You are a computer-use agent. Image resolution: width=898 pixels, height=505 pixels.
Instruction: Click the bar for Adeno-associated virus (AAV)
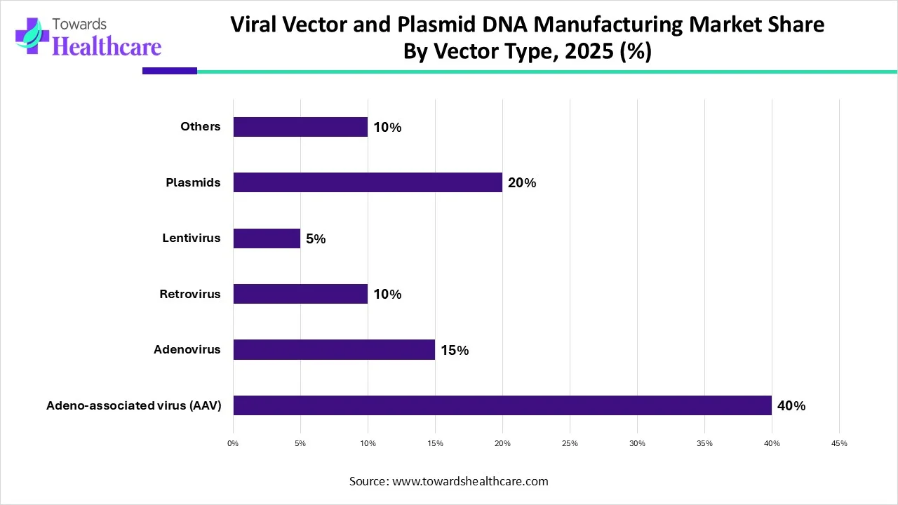coord(502,405)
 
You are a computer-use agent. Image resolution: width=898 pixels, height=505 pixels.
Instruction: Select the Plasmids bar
coord(368,182)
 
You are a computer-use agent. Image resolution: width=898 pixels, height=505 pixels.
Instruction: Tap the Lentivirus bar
coord(267,238)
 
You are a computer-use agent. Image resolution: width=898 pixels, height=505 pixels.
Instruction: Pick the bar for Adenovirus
coord(334,349)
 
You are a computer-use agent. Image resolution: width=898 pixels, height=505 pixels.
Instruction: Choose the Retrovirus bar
coord(300,294)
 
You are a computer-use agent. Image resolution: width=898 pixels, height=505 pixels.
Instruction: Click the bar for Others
coord(300,127)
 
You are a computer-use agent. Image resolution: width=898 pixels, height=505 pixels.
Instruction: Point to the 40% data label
coord(791,406)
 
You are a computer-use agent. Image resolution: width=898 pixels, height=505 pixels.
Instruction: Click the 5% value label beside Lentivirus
coord(316,239)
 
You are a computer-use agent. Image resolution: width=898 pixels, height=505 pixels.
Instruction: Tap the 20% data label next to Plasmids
coord(522,183)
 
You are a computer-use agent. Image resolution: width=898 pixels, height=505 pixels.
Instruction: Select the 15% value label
coord(455,350)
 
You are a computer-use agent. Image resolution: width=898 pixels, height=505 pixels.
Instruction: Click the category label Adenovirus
coord(187,349)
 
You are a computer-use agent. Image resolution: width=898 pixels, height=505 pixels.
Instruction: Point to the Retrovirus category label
coord(189,294)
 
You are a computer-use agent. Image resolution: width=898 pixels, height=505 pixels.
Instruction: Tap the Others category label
coord(200,127)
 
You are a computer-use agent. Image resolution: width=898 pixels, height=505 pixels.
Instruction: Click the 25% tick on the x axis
coord(570,443)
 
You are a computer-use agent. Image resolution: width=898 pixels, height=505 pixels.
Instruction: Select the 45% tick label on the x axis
coord(839,443)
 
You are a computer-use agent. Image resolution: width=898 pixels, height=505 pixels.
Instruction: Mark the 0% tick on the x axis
coord(233,443)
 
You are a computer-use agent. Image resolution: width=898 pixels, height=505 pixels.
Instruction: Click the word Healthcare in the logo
coord(107,46)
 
